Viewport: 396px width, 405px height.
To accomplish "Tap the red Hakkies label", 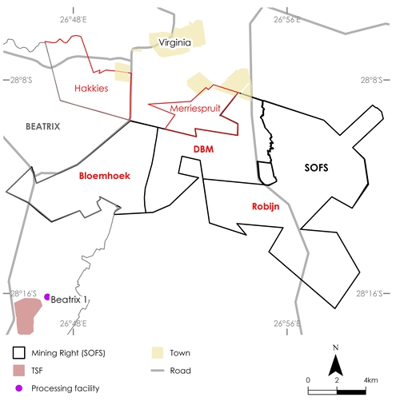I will [90, 88].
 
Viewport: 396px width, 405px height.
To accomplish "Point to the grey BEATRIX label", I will [43, 126].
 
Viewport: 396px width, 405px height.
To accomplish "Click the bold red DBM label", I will [204, 149].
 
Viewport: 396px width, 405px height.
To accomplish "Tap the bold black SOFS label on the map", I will [317, 169].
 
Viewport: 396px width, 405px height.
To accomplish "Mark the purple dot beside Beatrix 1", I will [48, 296].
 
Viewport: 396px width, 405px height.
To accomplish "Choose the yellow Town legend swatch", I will [158, 352].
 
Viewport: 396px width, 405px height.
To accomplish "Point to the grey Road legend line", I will [158, 370].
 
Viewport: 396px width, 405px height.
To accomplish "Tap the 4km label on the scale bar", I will [370, 379].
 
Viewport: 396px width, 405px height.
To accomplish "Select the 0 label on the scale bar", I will [308, 379].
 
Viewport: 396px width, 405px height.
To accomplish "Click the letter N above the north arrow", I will [337, 347].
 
